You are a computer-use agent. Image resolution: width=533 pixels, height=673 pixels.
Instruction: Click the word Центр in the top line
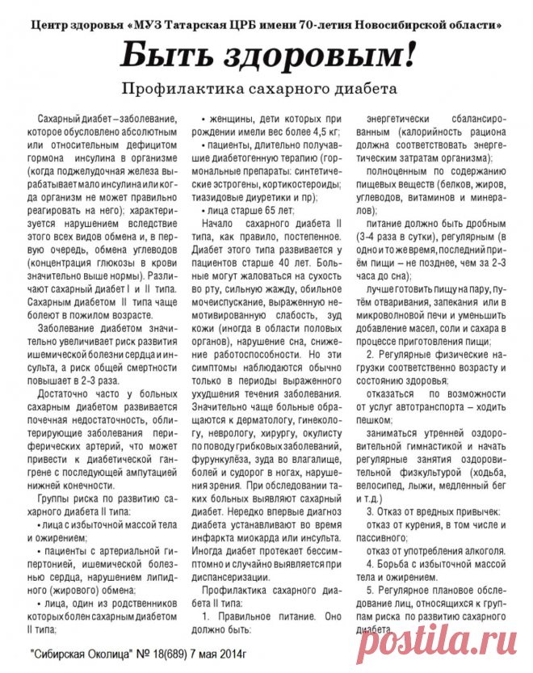44,26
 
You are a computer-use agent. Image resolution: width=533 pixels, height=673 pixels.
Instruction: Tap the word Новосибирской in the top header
381,26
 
